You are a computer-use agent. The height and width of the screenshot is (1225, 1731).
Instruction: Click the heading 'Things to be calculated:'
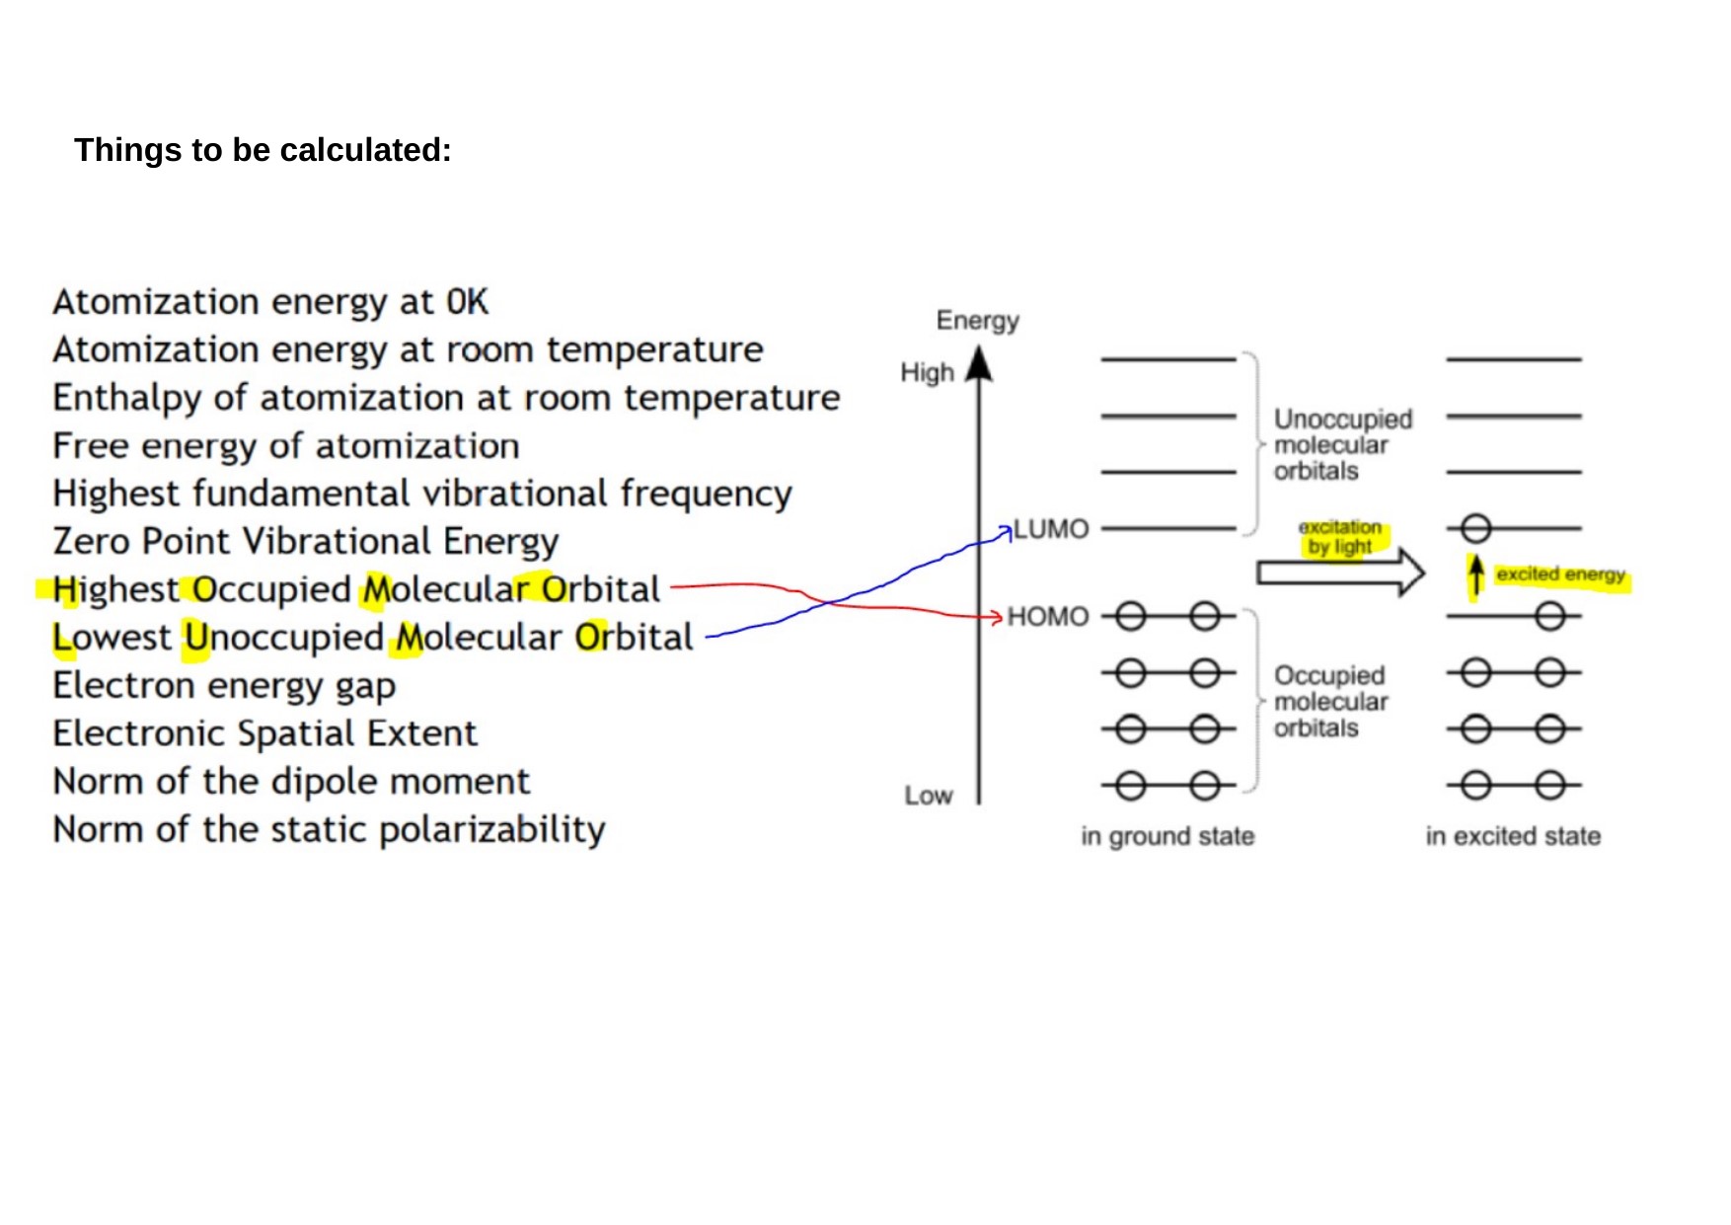[263, 150]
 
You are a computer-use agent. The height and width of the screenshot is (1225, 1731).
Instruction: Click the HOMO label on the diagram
[1047, 617]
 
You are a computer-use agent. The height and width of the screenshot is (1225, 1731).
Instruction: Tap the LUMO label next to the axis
[1051, 529]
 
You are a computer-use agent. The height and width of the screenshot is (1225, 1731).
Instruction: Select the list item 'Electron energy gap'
[224, 685]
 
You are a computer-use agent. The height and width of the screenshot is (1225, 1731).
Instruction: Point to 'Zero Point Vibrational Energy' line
[305, 541]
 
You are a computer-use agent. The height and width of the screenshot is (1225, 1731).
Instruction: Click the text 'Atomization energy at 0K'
[270, 302]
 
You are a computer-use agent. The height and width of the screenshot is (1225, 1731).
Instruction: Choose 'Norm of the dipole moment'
[291, 781]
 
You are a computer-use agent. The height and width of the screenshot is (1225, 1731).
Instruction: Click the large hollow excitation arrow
[1339, 573]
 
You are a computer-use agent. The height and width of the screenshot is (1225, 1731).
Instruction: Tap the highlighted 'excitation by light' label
[1340, 537]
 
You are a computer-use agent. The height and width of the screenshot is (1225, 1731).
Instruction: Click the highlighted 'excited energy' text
[1560, 574]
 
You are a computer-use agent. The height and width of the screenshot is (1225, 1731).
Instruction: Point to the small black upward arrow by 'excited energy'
[1475, 574]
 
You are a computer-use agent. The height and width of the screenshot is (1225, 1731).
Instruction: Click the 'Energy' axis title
[977, 321]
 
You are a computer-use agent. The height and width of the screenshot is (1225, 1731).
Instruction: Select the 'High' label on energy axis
[927, 373]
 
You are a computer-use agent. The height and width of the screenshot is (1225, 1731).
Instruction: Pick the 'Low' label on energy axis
[928, 796]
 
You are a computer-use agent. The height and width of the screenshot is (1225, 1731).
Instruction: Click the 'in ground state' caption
[1167, 836]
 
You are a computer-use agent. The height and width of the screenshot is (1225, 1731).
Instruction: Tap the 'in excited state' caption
[1513, 836]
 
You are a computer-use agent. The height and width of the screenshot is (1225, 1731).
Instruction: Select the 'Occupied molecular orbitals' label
[1329, 702]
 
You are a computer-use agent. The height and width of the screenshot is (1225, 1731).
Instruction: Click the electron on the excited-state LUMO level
[1475, 529]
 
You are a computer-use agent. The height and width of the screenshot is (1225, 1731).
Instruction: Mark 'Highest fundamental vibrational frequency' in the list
[421, 494]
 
